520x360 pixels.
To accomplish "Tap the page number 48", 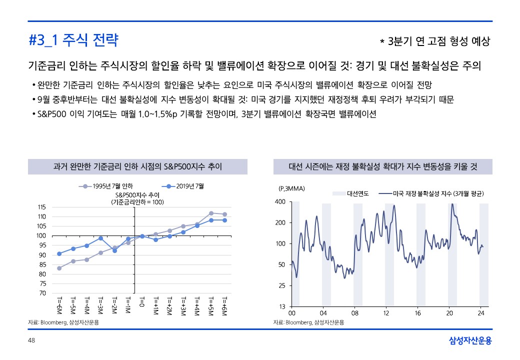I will [31, 340].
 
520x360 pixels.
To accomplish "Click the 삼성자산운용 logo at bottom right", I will [470, 341].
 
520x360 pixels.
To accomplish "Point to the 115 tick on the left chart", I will [42, 207].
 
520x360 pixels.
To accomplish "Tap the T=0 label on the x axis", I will [142, 303].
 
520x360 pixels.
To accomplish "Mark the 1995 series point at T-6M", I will [59, 268].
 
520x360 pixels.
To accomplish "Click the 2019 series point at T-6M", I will [59, 253].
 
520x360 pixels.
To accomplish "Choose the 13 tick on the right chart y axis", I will [282, 306].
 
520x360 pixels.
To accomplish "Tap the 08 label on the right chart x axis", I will [355, 313].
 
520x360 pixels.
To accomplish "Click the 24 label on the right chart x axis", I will [481, 313].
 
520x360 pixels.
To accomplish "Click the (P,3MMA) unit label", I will [291, 188].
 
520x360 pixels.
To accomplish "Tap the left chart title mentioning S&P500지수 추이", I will [137, 166].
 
